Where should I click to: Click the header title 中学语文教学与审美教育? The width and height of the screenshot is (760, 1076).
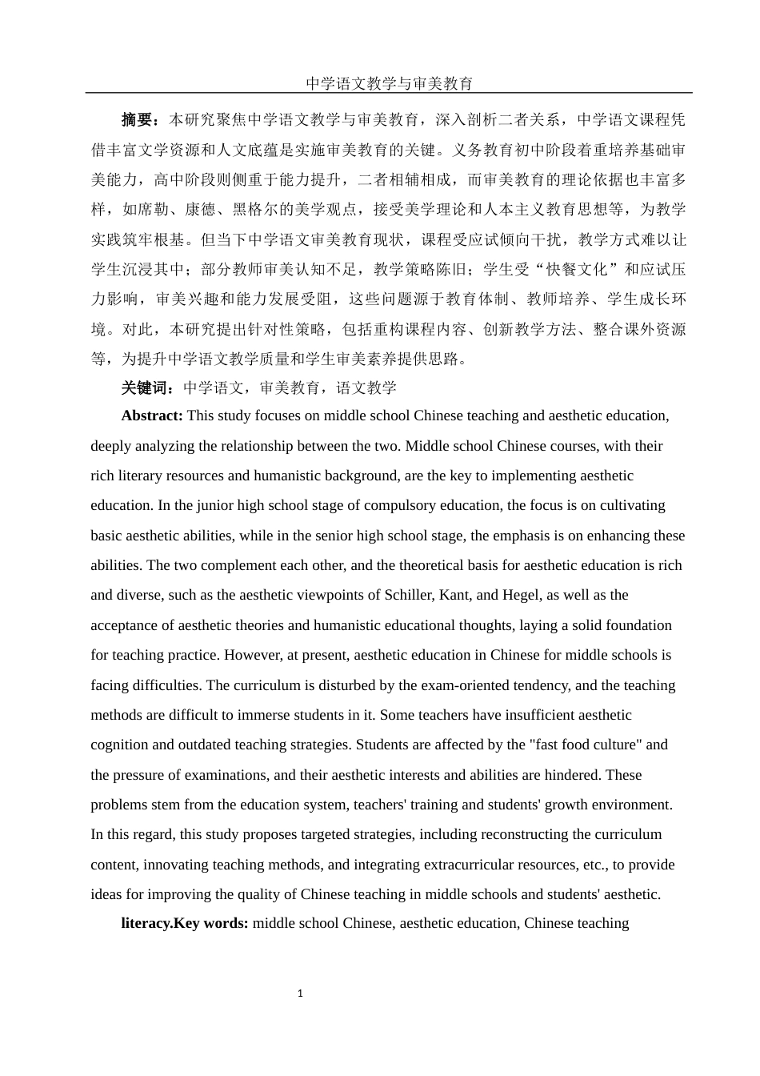389,83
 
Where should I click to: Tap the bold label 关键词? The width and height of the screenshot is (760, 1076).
143,388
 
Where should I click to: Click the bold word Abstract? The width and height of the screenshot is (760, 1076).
151,416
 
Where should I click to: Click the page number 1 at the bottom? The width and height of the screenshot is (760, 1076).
300,994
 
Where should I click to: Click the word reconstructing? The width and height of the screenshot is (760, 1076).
519,834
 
